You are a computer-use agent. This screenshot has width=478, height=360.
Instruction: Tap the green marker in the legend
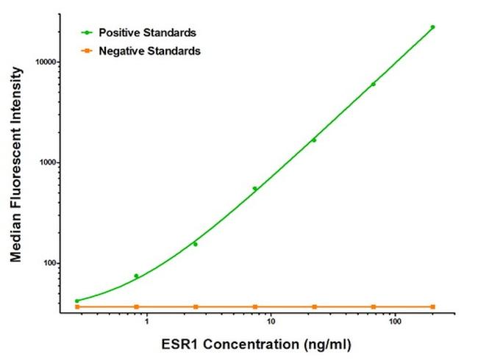[x=88, y=33]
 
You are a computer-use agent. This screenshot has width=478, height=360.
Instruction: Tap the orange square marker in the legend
[x=88, y=51]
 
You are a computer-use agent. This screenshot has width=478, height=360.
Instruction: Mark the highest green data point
[x=432, y=27]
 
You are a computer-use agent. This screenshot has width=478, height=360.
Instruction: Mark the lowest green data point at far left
[x=77, y=300]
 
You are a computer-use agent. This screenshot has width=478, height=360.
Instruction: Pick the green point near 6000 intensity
[x=373, y=84]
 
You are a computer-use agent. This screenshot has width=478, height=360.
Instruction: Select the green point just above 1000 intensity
[x=314, y=140]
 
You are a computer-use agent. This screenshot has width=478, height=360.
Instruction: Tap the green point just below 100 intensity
[x=136, y=276]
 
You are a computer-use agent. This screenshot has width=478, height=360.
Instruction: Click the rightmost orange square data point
[x=432, y=306]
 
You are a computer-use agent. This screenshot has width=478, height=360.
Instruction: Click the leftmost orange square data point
[x=77, y=306]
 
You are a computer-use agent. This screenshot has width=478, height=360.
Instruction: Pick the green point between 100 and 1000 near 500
[x=254, y=188]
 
